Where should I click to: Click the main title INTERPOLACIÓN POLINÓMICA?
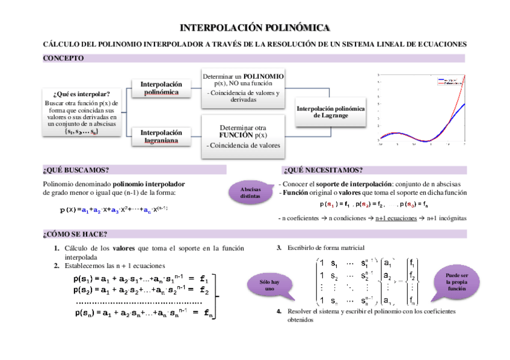click(x=255, y=28)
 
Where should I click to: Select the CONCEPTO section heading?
click(x=64, y=58)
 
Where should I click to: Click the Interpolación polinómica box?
click(x=161, y=88)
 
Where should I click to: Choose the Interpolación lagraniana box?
click(x=161, y=136)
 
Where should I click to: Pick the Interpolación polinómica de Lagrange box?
click(x=330, y=112)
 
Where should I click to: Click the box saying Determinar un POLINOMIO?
click(x=243, y=88)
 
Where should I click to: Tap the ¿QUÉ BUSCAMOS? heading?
click(x=76, y=170)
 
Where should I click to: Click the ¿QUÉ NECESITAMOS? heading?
click(x=323, y=170)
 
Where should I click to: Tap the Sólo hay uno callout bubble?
click(x=269, y=285)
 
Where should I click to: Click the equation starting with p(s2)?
click(x=141, y=290)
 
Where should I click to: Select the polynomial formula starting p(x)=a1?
click(x=113, y=209)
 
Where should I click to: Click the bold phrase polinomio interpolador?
click(x=149, y=183)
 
